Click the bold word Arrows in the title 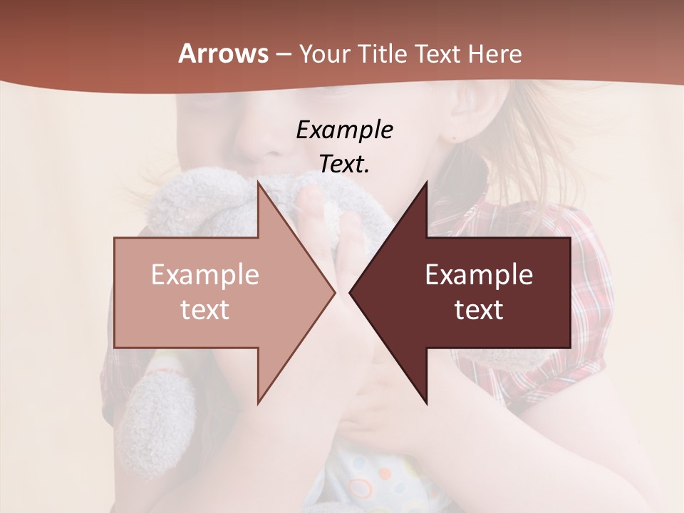coord(223,53)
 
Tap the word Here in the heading coord(494,53)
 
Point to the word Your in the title coord(324,53)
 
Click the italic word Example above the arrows coord(344,130)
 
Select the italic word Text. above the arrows coord(344,164)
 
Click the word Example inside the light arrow coord(204,274)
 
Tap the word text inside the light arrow coord(204,309)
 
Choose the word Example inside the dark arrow coord(479,274)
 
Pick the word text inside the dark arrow coord(479,309)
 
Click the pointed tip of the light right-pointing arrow coord(334,292)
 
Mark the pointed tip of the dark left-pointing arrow coord(350,292)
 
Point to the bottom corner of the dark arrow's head coord(426,404)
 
